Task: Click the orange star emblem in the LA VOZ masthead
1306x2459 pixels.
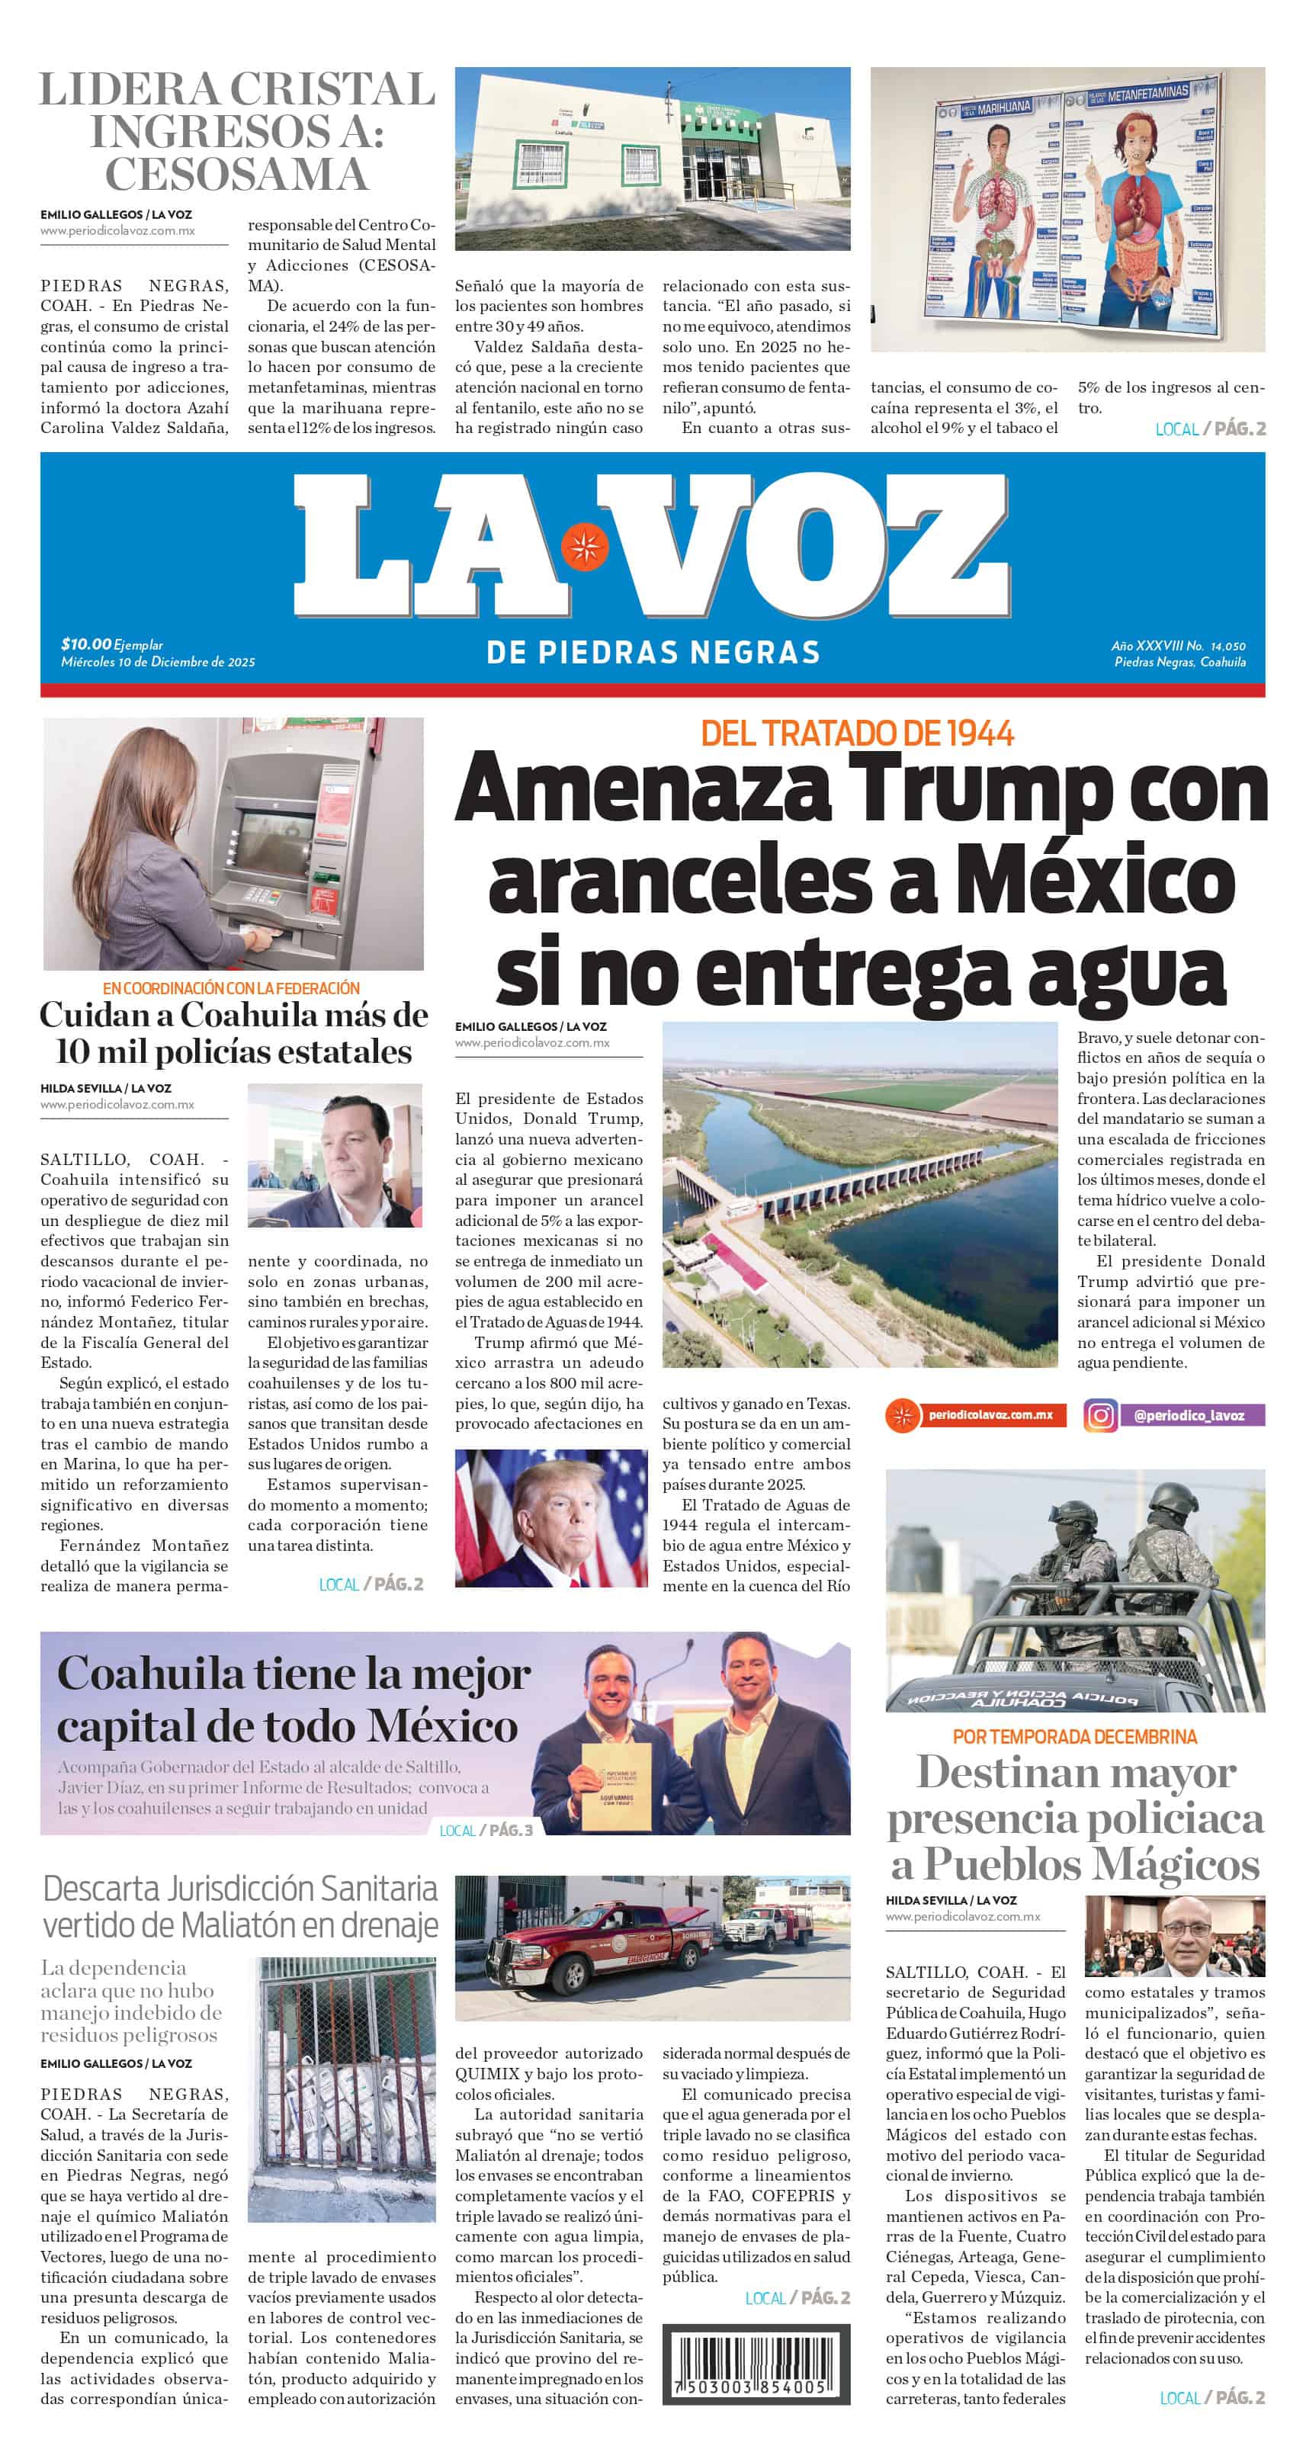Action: pyautogui.click(x=584, y=546)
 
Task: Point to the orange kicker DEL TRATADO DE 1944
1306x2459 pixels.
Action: pyautogui.click(x=856, y=733)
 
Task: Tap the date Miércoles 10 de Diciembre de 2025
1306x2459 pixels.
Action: pyautogui.click(x=158, y=662)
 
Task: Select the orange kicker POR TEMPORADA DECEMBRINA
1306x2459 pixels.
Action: pyautogui.click(x=1074, y=1735)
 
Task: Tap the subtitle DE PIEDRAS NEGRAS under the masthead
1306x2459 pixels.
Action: pyautogui.click(x=653, y=653)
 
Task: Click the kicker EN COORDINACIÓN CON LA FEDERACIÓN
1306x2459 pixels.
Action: pyautogui.click(x=231, y=988)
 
